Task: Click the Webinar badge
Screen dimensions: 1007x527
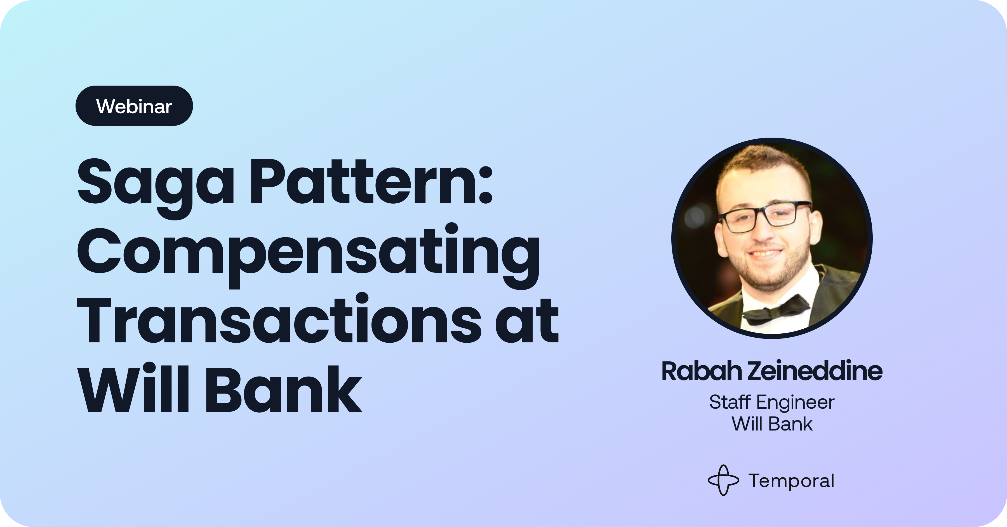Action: click(134, 105)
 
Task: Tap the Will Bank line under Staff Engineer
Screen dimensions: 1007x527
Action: click(772, 424)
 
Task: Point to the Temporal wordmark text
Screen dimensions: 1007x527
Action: click(792, 481)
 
